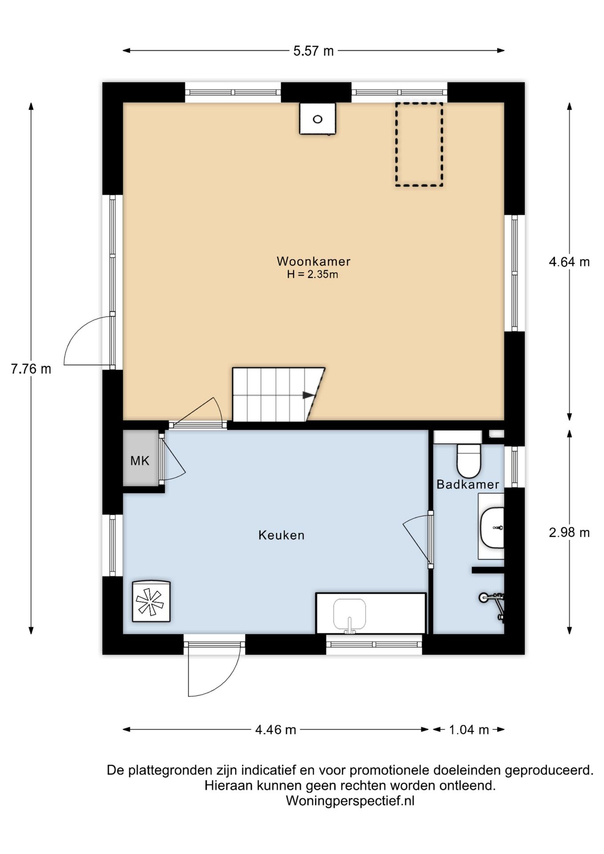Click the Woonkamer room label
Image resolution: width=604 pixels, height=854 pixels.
(313, 261)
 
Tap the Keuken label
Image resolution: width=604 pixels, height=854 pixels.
(281, 535)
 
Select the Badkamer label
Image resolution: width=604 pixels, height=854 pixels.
(467, 484)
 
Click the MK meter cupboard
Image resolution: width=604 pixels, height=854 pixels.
(141, 458)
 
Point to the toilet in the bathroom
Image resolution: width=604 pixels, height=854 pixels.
(469, 460)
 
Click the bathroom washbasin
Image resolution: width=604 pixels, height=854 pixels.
(492, 528)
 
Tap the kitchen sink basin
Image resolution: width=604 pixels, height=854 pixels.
(350, 614)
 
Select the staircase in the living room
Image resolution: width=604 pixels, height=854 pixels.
(278, 394)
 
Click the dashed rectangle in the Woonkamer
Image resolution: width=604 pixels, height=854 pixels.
(419, 144)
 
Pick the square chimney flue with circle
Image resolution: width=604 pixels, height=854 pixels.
(317, 118)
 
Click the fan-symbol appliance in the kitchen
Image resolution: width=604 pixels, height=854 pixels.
(151, 601)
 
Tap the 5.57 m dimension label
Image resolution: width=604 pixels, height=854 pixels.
(313, 51)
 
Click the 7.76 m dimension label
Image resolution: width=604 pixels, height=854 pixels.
(31, 369)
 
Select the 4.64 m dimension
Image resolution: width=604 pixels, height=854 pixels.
(569, 262)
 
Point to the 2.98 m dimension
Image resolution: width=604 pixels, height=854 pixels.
(569, 532)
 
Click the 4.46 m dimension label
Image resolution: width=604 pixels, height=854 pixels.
(276, 729)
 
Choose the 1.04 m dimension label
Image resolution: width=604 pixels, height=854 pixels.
(469, 729)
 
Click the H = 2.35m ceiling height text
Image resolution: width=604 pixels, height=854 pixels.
(312, 274)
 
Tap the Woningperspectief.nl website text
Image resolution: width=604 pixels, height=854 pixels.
(350, 801)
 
